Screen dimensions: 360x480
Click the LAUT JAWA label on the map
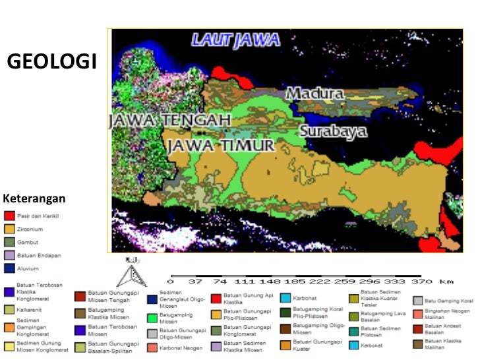coord(235,40)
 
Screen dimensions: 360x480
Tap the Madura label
coord(315,94)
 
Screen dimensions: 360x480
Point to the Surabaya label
coord(333,131)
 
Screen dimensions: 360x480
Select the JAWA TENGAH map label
coord(169,121)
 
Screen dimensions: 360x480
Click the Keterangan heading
coord(34,198)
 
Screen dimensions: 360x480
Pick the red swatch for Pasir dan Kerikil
coord(9,216)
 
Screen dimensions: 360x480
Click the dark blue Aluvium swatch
coord(9,268)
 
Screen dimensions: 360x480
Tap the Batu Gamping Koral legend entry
coord(448,301)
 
